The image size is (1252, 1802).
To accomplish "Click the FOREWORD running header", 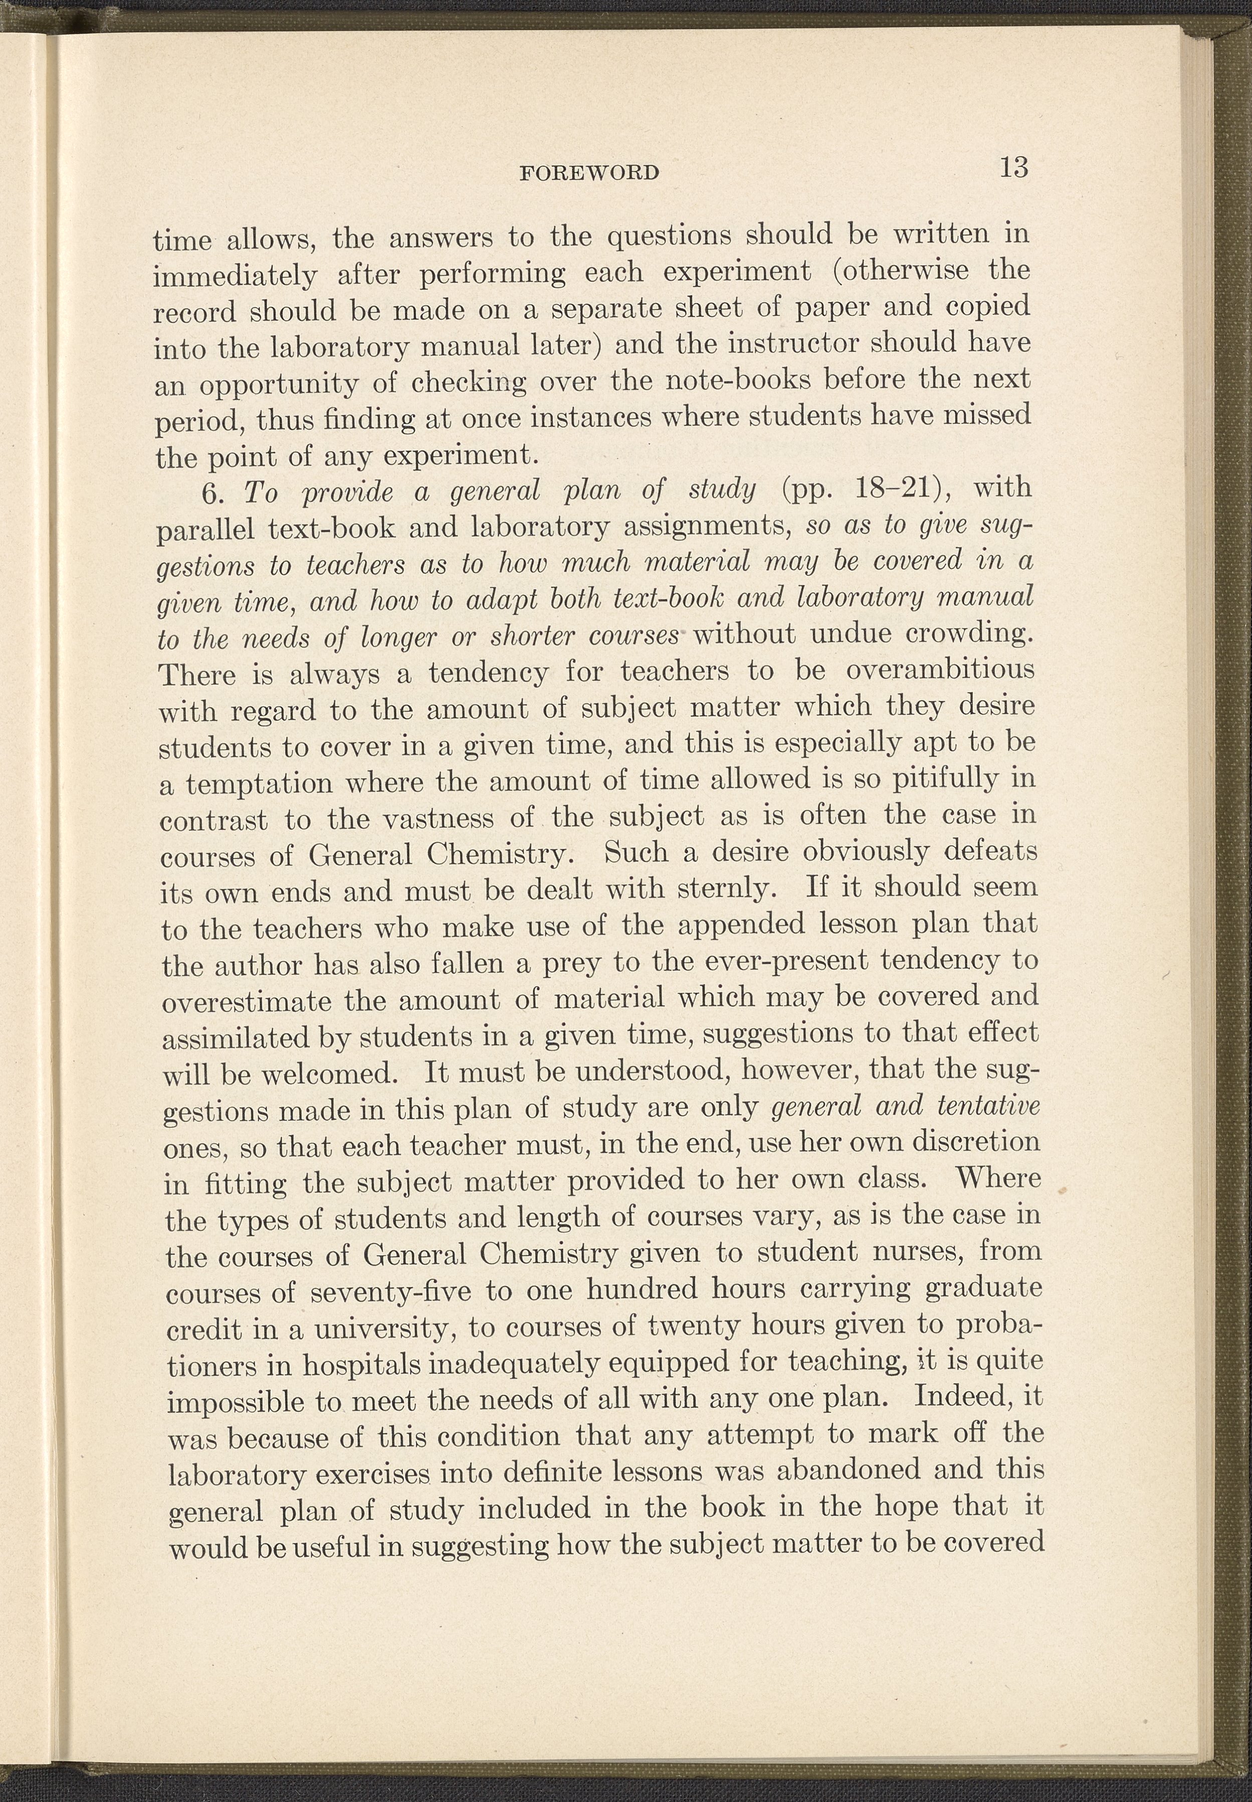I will click(589, 172).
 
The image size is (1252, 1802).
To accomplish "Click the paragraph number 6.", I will click(213, 493).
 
